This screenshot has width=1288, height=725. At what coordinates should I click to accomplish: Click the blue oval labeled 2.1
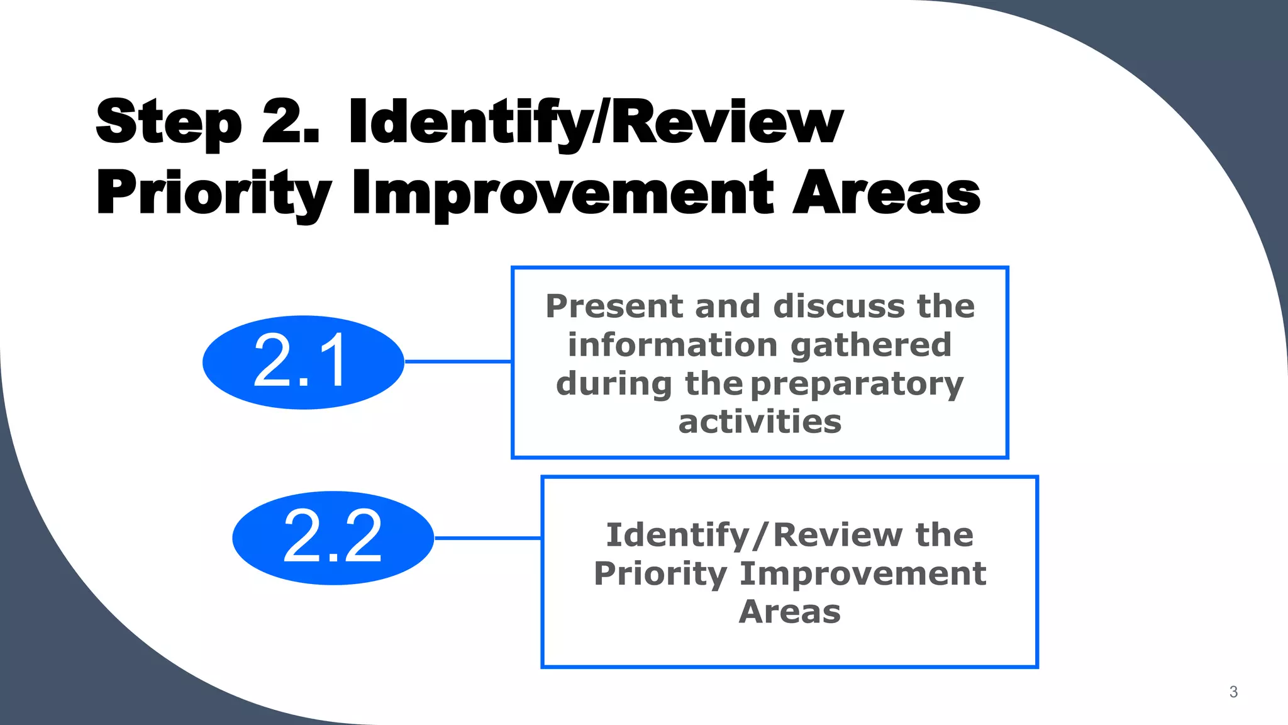point(303,362)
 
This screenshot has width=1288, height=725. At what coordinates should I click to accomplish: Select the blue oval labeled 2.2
point(333,537)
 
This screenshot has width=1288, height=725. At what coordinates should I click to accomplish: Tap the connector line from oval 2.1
point(458,362)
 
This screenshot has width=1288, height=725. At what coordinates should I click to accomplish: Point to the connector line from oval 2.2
point(487,538)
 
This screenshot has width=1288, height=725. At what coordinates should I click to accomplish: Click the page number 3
point(1233,692)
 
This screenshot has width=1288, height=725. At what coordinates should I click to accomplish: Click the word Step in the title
point(169,123)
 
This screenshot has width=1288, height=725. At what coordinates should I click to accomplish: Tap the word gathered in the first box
point(870,345)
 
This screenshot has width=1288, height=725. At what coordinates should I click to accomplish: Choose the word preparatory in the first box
point(857,385)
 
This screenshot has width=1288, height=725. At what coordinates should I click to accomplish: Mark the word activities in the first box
point(760,422)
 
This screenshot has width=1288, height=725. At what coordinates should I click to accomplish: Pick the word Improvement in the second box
point(863,573)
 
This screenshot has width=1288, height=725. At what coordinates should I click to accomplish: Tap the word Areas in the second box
point(789,612)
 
